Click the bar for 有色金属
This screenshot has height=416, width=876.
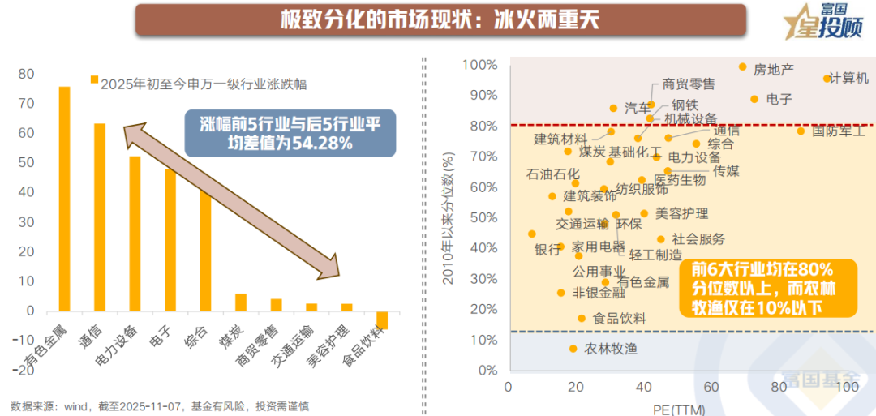(64, 199)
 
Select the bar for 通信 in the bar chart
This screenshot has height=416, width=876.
(100, 217)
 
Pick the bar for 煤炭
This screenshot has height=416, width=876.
(241, 302)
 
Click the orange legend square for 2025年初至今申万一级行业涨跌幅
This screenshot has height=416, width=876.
(94, 79)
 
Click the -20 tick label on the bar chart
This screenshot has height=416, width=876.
(24, 371)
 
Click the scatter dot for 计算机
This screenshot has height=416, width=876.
(827, 79)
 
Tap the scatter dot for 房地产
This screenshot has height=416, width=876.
(742, 66)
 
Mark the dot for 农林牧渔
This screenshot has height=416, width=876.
(573, 349)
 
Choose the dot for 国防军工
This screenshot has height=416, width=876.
(801, 131)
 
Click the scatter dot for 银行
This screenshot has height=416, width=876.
(532, 234)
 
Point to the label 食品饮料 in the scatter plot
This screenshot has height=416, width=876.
(620, 319)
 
